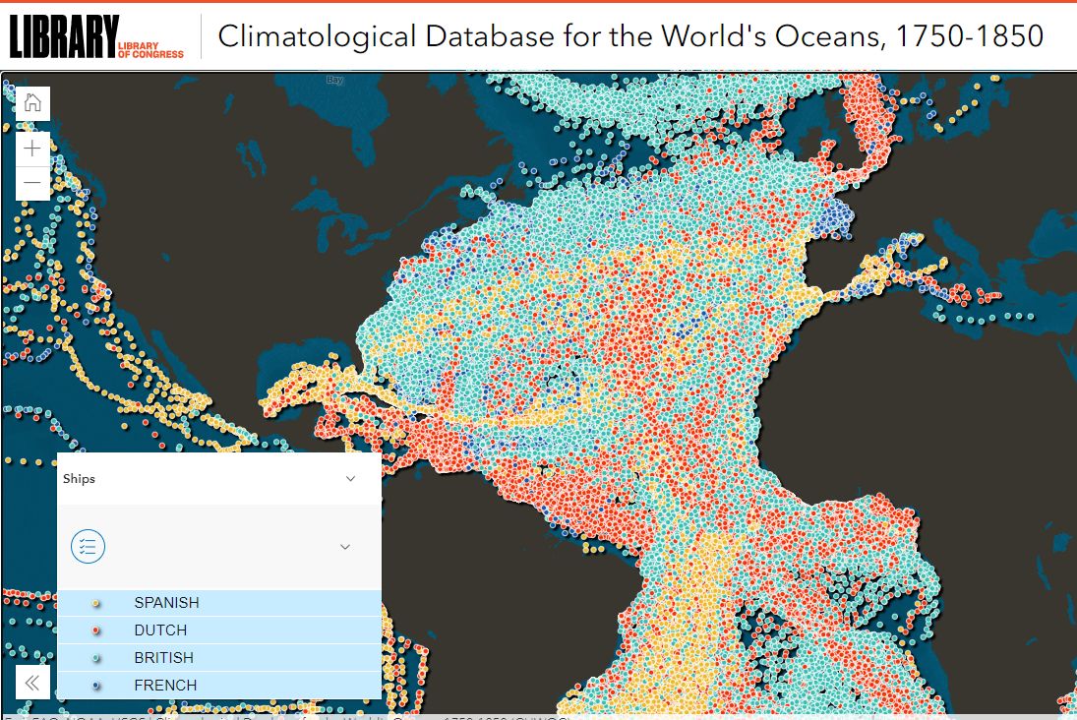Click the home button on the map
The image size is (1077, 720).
(x=32, y=102)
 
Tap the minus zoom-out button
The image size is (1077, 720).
(x=32, y=183)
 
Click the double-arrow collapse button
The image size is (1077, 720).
(x=32, y=683)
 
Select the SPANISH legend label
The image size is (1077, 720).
(x=166, y=603)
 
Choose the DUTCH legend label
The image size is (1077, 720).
(x=160, y=630)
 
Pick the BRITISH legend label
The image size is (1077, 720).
(x=163, y=658)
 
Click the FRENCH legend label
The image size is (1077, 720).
(x=165, y=686)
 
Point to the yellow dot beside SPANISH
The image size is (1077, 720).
(x=95, y=603)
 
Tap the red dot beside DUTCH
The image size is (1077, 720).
(x=95, y=630)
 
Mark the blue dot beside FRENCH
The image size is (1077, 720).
(x=95, y=686)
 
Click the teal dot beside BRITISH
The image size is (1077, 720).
(x=95, y=658)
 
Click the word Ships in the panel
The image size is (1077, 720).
(x=79, y=479)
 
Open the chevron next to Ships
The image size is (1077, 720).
(x=350, y=479)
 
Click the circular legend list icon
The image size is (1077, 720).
(x=88, y=546)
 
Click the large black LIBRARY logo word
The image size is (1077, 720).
(x=63, y=36)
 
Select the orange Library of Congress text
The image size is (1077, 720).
(x=150, y=49)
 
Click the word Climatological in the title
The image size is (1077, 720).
(x=317, y=36)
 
